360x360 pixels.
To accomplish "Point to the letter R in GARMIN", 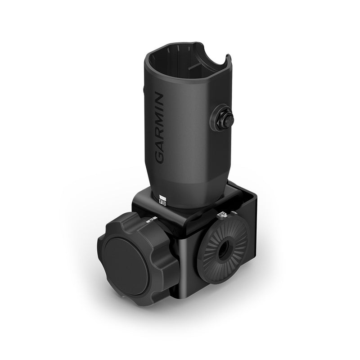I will pyautogui.click(x=160, y=133).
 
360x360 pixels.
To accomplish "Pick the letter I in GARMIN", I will pyautogui.click(x=160, y=110).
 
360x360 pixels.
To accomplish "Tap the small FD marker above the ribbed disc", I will pyautogui.click(x=221, y=216).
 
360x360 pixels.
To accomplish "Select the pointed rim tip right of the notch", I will pyautogui.click(x=228, y=57).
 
